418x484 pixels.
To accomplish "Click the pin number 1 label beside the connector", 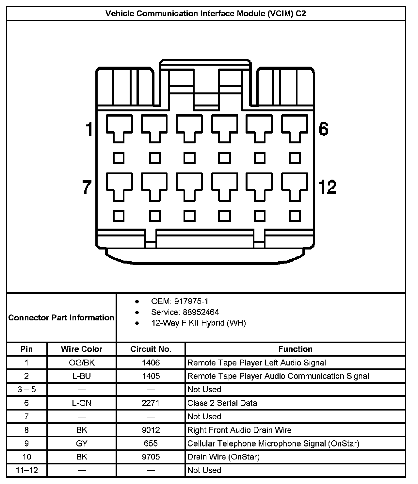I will click(x=89, y=129).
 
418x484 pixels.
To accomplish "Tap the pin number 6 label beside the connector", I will click(x=323, y=129).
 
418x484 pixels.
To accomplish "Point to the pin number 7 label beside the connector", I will click(x=87, y=187).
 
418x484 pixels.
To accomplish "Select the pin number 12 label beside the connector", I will click(x=327, y=187).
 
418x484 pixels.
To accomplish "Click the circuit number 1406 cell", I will click(x=151, y=363).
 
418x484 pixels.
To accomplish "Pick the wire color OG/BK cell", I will click(x=82, y=363).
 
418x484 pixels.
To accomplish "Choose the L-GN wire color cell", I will click(x=82, y=403).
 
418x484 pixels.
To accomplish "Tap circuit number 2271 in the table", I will click(x=151, y=403).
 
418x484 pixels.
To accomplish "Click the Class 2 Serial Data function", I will click(x=222, y=403).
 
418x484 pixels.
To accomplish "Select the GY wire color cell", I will click(x=82, y=444).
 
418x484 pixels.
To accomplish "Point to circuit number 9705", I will click(x=151, y=457).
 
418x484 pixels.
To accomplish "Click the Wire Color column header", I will click(x=82, y=349).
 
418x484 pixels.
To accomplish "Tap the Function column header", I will click(x=295, y=349).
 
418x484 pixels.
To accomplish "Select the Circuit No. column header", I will click(x=151, y=349).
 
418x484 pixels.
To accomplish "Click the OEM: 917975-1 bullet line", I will click(x=180, y=301).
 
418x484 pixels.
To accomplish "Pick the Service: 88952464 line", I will click(x=185, y=312).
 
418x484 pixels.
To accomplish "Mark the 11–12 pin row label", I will click(x=27, y=470).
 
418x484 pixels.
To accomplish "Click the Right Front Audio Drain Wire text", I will click(x=239, y=430).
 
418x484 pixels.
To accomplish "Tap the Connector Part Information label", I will click(x=61, y=317).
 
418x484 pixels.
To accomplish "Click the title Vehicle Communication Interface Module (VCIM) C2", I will click(x=206, y=13).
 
